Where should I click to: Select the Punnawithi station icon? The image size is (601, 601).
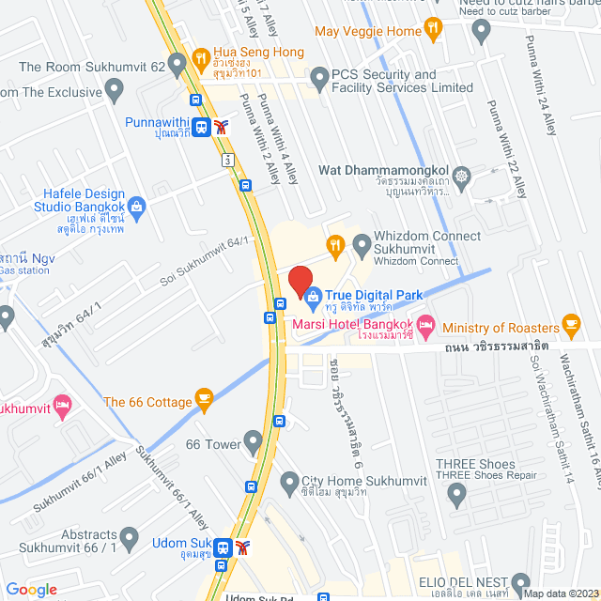point(202,127)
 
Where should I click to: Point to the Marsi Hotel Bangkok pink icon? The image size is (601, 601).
point(426,325)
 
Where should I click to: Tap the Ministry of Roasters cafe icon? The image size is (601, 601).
point(570,326)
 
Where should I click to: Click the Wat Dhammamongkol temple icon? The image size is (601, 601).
point(461,176)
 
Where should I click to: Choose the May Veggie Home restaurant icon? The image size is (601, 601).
point(432,30)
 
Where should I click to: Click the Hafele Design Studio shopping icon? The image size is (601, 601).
point(136,205)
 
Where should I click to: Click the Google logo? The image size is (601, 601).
point(31,589)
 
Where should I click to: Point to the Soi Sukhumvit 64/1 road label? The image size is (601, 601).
point(205,264)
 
